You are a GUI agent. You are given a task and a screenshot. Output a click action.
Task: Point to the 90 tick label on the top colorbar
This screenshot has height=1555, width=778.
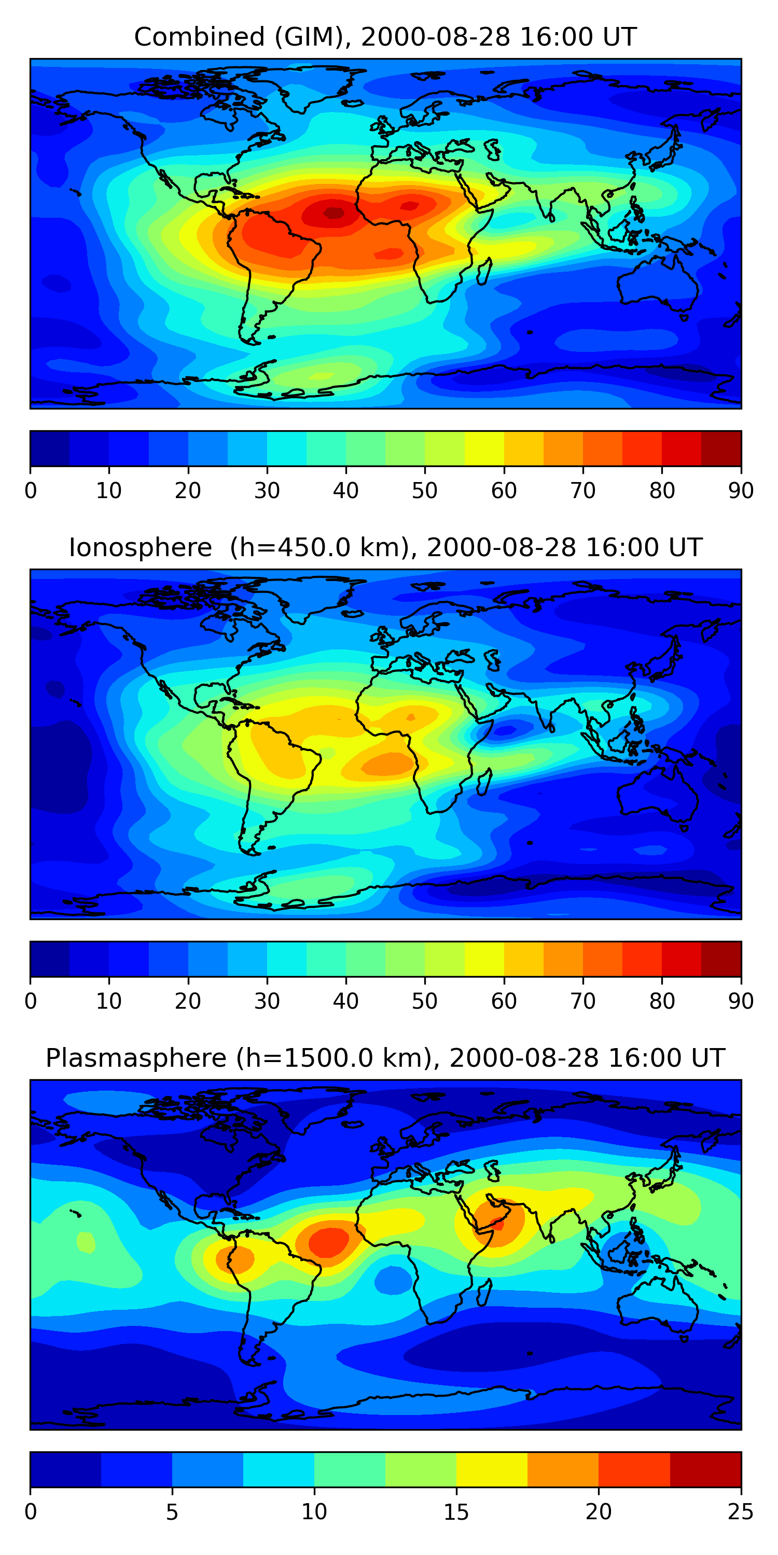pos(741,491)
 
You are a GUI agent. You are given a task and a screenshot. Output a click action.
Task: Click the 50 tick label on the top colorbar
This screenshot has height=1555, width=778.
pos(425,491)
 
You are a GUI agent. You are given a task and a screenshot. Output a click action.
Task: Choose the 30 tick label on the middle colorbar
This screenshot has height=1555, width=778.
pos(267,1001)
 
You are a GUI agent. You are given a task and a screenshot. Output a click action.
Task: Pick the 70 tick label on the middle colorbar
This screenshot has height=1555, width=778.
pos(583,1001)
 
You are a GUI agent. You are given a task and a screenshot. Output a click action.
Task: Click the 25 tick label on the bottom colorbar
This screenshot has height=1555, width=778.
pos(741,1511)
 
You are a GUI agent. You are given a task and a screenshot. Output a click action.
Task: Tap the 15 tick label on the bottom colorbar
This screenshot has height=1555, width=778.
pos(456,1511)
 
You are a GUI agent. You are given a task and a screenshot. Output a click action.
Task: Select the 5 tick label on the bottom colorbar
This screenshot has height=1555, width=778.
pos(172,1511)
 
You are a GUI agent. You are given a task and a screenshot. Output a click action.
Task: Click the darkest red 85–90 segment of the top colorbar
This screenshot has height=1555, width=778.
pos(721,448)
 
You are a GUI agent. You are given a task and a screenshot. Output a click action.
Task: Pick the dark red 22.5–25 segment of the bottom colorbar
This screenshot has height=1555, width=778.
pos(705,1469)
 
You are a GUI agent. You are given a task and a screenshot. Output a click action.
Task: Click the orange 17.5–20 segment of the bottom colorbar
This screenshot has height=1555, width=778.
pos(563,1469)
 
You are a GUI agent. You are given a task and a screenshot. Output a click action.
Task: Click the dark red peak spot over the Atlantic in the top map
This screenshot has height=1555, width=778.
pos(334,212)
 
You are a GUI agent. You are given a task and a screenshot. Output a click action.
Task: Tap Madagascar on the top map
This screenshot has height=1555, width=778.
pos(484,272)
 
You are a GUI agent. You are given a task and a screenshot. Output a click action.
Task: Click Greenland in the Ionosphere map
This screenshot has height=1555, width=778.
pos(314,595)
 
